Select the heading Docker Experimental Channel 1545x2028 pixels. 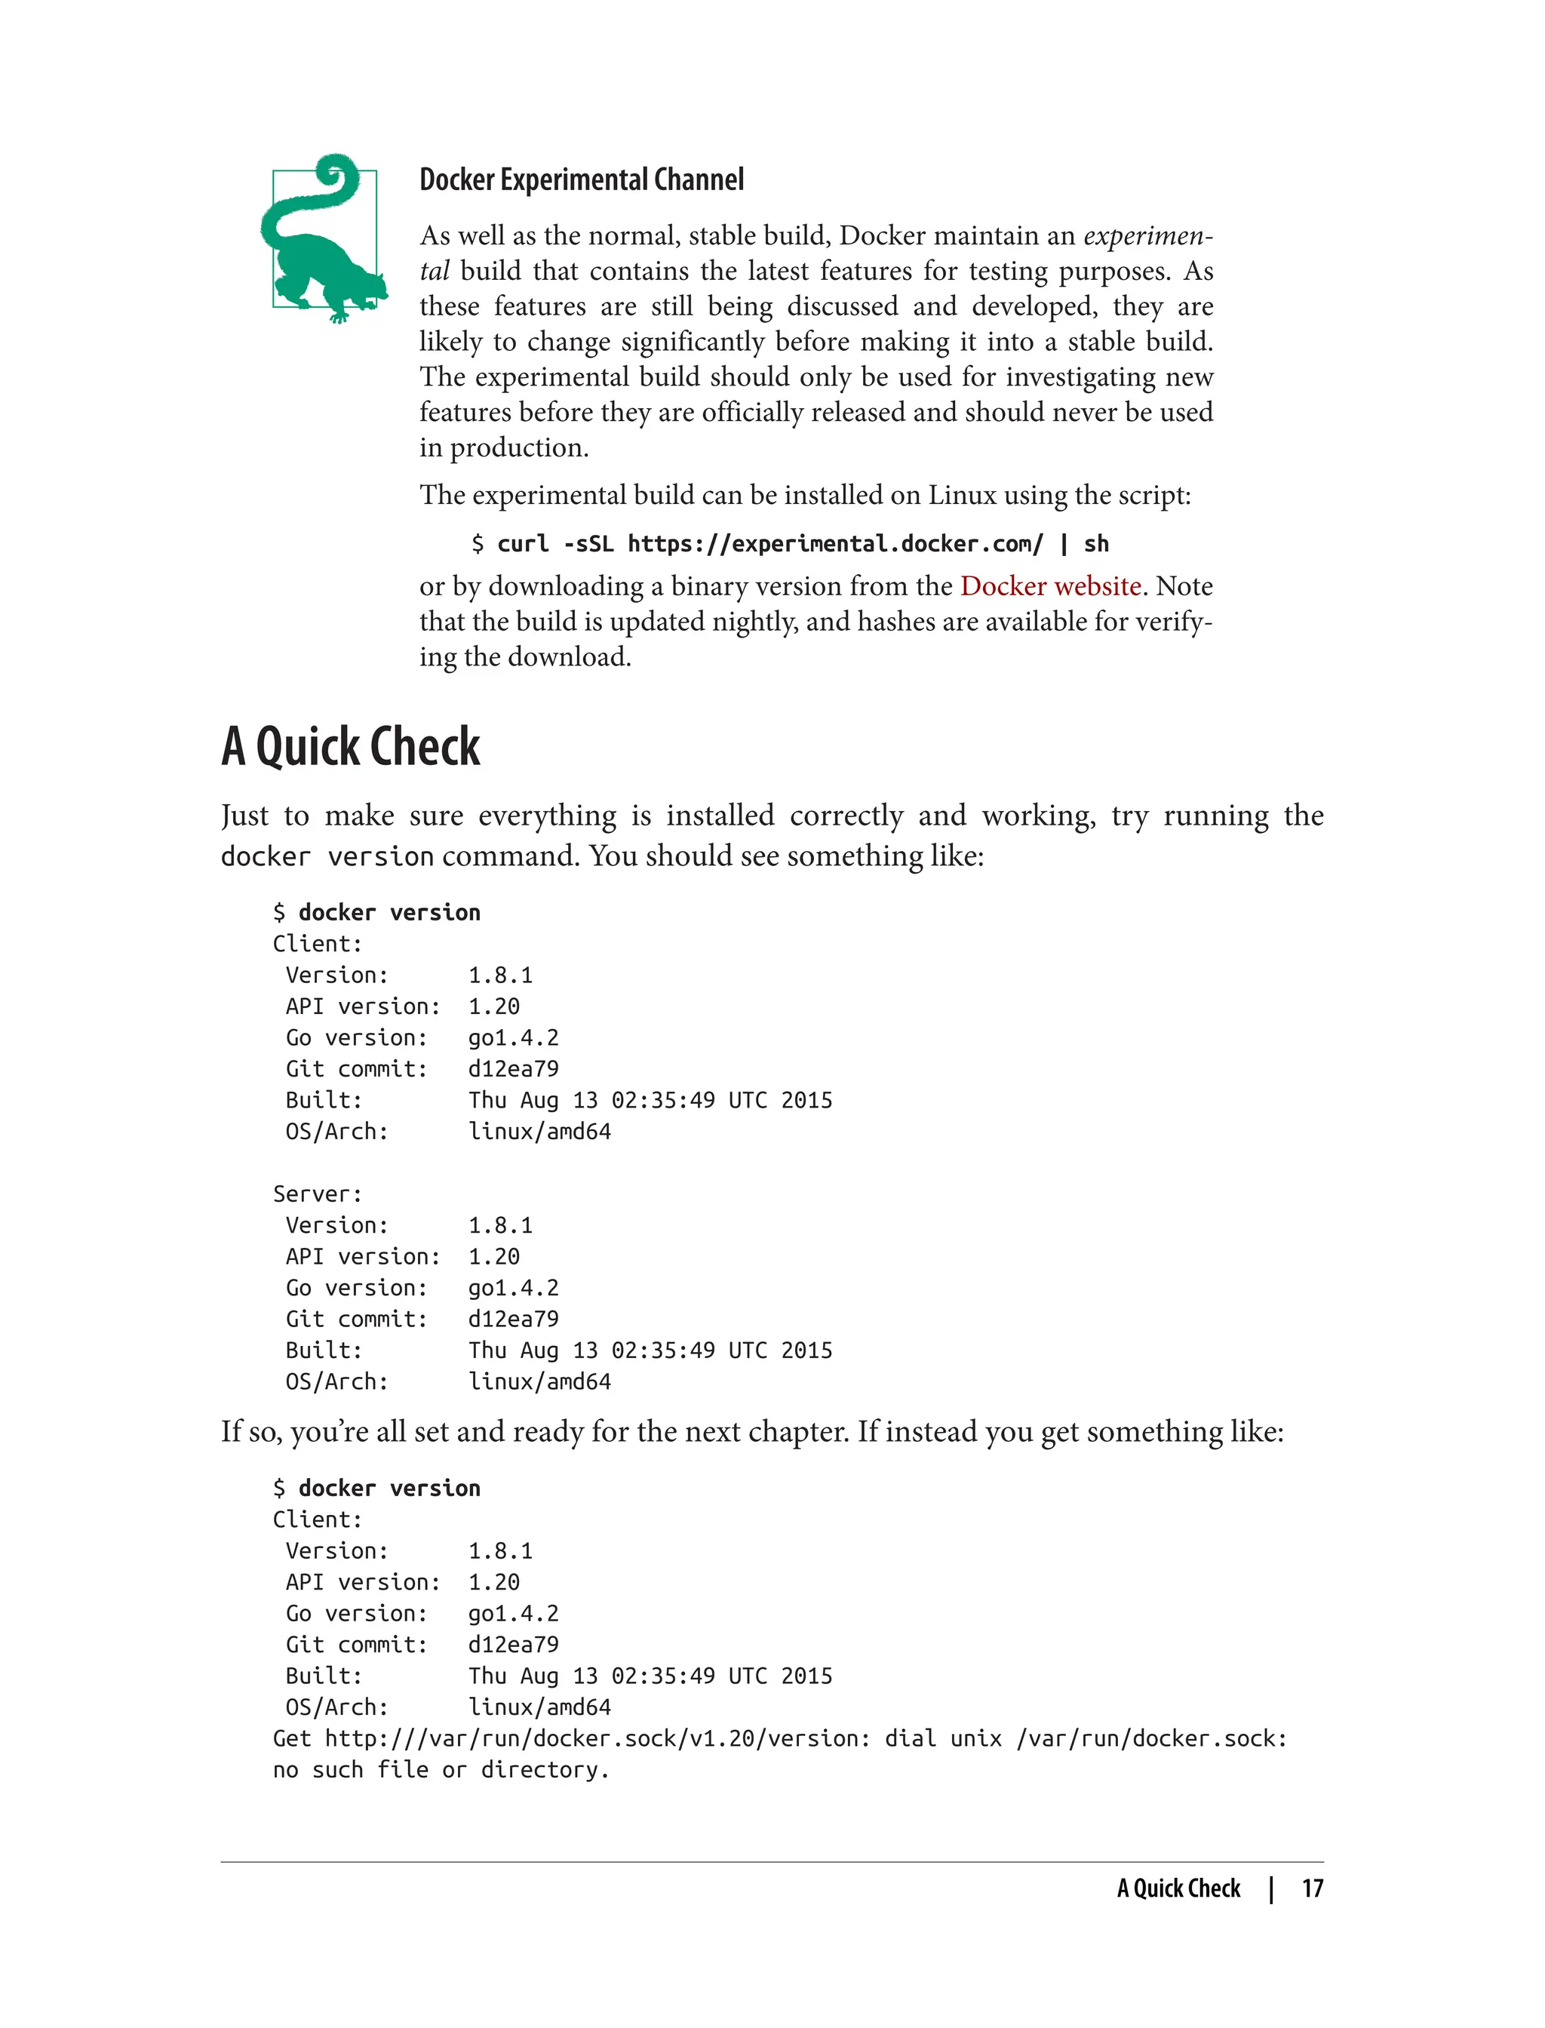(581, 180)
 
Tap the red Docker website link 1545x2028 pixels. (1050, 586)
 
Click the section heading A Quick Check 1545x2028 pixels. (350, 746)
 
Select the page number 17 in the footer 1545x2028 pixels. (1313, 1888)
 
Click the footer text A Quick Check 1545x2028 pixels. (1178, 1888)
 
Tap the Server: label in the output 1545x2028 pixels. (318, 1194)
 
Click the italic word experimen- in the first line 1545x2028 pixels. (1147, 235)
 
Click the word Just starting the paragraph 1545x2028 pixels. (244, 816)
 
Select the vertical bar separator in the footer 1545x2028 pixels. (1271, 1888)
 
